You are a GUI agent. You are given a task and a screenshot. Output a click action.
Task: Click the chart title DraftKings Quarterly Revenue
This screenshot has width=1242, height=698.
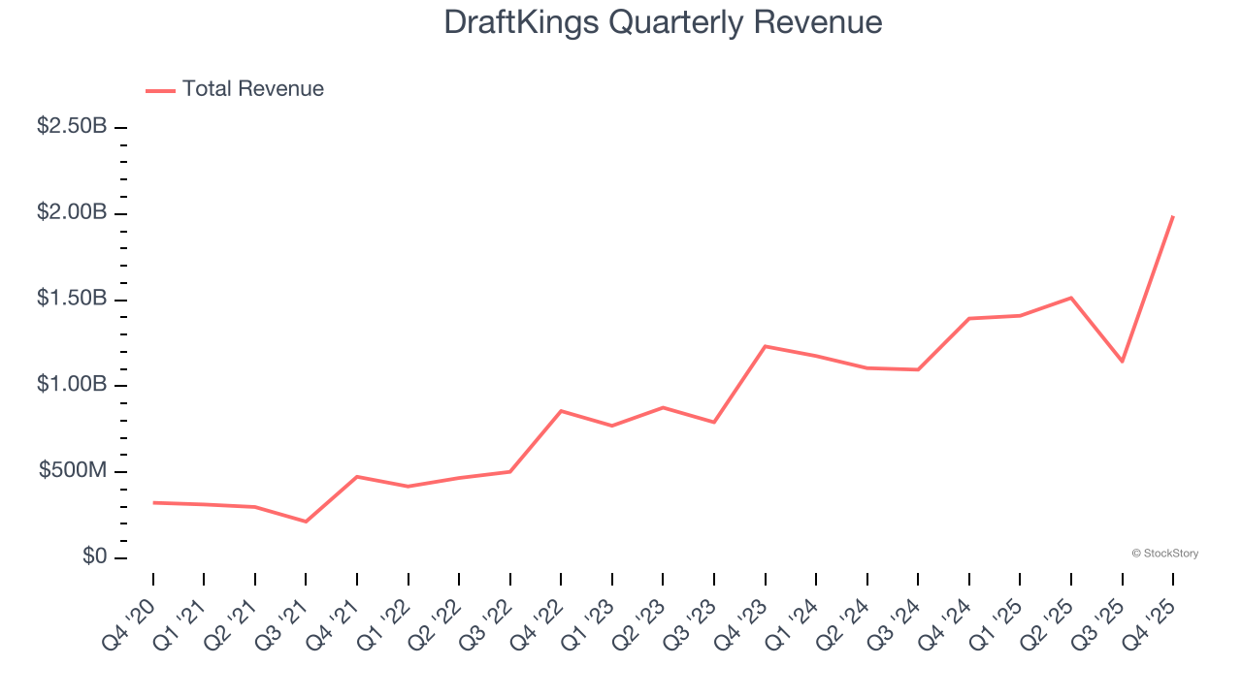(x=663, y=22)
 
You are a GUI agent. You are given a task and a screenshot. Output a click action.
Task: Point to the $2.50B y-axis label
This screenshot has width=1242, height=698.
(x=72, y=126)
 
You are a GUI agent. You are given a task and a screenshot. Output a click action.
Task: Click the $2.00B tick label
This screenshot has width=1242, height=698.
(x=72, y=212)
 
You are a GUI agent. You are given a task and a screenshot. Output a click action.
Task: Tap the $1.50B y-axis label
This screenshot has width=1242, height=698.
(x=72, y=299)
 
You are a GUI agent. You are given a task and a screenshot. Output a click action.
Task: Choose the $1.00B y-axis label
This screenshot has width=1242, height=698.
(x=72, y=385)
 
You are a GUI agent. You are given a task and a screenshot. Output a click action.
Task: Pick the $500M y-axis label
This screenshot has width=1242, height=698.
(x=73, y=471)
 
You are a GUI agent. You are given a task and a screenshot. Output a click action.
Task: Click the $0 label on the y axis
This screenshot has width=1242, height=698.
(x=94, y=557)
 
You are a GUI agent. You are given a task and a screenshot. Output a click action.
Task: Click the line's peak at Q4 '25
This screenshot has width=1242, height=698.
(x=1173, y=216)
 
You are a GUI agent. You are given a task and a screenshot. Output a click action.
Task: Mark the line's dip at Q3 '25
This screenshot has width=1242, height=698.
(x=1123, y=362)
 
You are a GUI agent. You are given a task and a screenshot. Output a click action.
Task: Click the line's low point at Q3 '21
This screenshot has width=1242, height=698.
(x=306, y=522)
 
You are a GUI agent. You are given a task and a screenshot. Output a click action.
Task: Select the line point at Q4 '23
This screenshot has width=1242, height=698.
(x=766, y=346)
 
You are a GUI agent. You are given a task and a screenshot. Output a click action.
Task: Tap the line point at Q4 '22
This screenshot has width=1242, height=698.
(x=561, y=411)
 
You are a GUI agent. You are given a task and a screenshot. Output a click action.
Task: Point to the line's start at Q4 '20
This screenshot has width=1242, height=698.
(x=153, y=502)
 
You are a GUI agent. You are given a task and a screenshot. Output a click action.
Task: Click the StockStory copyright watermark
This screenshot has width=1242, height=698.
(x=1164, y=554)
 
